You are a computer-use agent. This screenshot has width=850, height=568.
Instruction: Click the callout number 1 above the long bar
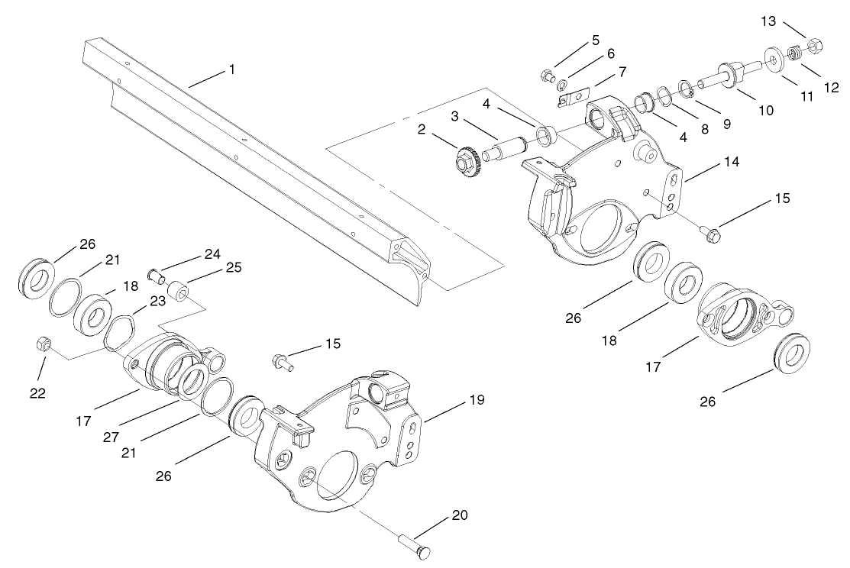click(231, 69)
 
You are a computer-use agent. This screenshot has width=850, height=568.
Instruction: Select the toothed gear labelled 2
click(466, 160)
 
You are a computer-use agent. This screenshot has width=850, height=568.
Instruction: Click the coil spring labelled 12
click(796, 53)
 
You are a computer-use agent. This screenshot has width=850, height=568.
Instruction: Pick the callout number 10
click(765, 110)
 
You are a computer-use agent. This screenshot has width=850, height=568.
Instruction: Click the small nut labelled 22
click(43, 345)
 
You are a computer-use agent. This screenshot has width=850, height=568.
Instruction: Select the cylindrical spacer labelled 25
click(179, 291)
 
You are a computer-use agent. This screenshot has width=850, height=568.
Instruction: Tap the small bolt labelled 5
click(546, 74)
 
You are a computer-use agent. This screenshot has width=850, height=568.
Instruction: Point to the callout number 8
click(705, 129)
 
